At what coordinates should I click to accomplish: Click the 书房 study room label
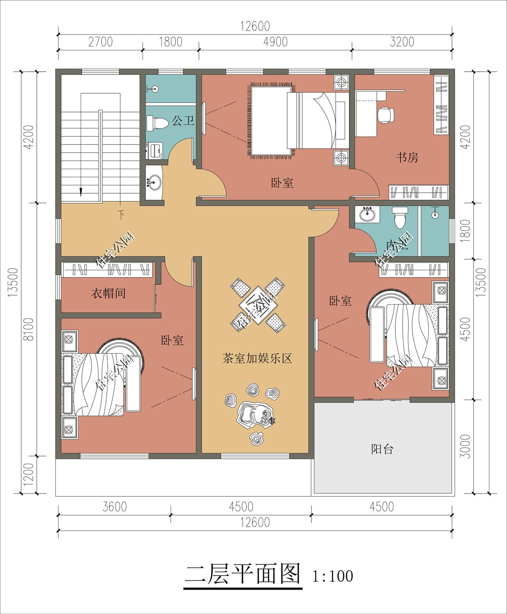pos(407,158)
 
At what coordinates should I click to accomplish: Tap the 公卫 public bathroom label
pos(183,121)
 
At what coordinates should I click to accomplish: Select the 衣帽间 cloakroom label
pos(108,293)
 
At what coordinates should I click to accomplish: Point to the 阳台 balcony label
pos(382,449)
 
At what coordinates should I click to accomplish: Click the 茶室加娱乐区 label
pos(257,359)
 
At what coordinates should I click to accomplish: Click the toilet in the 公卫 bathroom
pos(157,123)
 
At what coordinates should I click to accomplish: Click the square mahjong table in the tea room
pos(258,305)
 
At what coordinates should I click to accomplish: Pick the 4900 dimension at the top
pos(275,42)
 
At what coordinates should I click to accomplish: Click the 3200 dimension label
pos(402,42)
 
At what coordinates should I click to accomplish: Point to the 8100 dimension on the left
pos(29,329)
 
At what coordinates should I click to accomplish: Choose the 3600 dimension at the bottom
pos(114,507)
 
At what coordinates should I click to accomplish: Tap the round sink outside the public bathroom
pos(154,182)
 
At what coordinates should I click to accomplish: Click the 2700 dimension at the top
pos(101,42)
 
